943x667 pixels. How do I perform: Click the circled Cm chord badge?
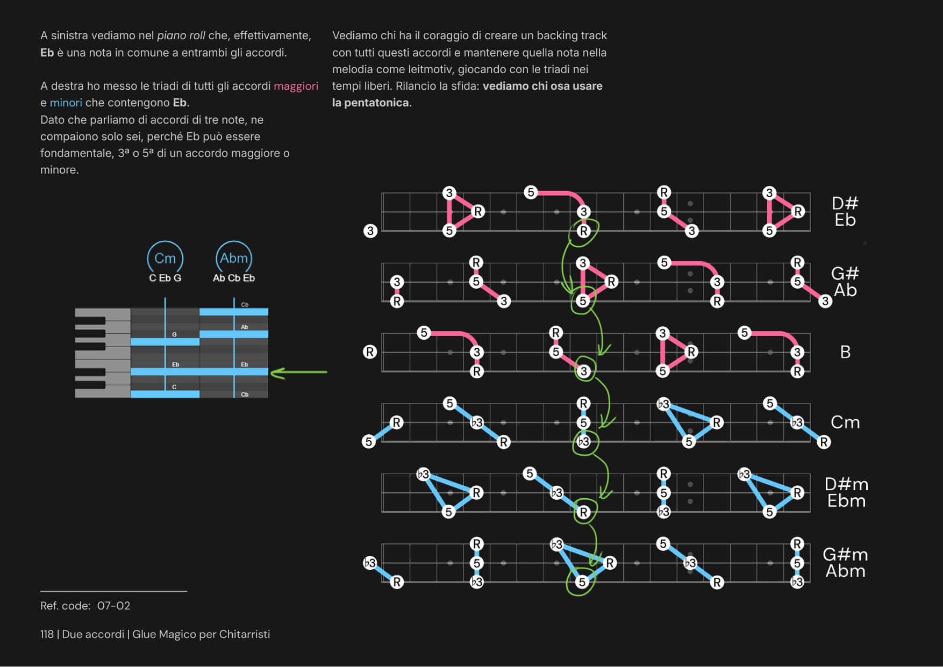pyautogui.click(x=165, y=259)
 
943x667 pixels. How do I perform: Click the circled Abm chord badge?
pyautogui.click(x=234, y=259)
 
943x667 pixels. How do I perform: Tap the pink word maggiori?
pyautogui.click(x=296, y=86)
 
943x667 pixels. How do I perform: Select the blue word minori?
pyautogui.click(x=66, y=103)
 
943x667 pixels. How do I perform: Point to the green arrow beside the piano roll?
pyautogui.click(x=299, y=372)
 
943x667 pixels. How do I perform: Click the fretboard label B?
pyautogui.click(x=845, y=352)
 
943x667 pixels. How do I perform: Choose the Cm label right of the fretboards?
pyautogui.click(x=845, y=422)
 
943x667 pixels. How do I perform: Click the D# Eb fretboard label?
pyautogui.click(x=845, y=211)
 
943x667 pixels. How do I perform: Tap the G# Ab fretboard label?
pyautogui.click(x=845, y=282)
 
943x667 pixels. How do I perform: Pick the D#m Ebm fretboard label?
pyautogui.click(x=846, y=492)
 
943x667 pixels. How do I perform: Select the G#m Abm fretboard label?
pyautogui.click(x=845, y=563)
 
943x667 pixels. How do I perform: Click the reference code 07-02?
pyautogui.click(x=113, y=606)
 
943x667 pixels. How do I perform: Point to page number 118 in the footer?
pyautogui.click(x=47, y=634)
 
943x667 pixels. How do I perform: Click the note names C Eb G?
pyautogui.click(x=165, y=278)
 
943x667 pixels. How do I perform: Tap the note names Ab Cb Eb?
pyautogui.click(x=234, y=278)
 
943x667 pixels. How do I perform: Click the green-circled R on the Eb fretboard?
pyautogui.click(x=583, y=231)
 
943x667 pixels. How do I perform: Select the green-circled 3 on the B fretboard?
pyautogui.click(x=584, y=371)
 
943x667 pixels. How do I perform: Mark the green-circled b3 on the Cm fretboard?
pyautogui.click(x=583, y=442)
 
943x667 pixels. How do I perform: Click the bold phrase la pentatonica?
pyautogui.click(x=370, y=103)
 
